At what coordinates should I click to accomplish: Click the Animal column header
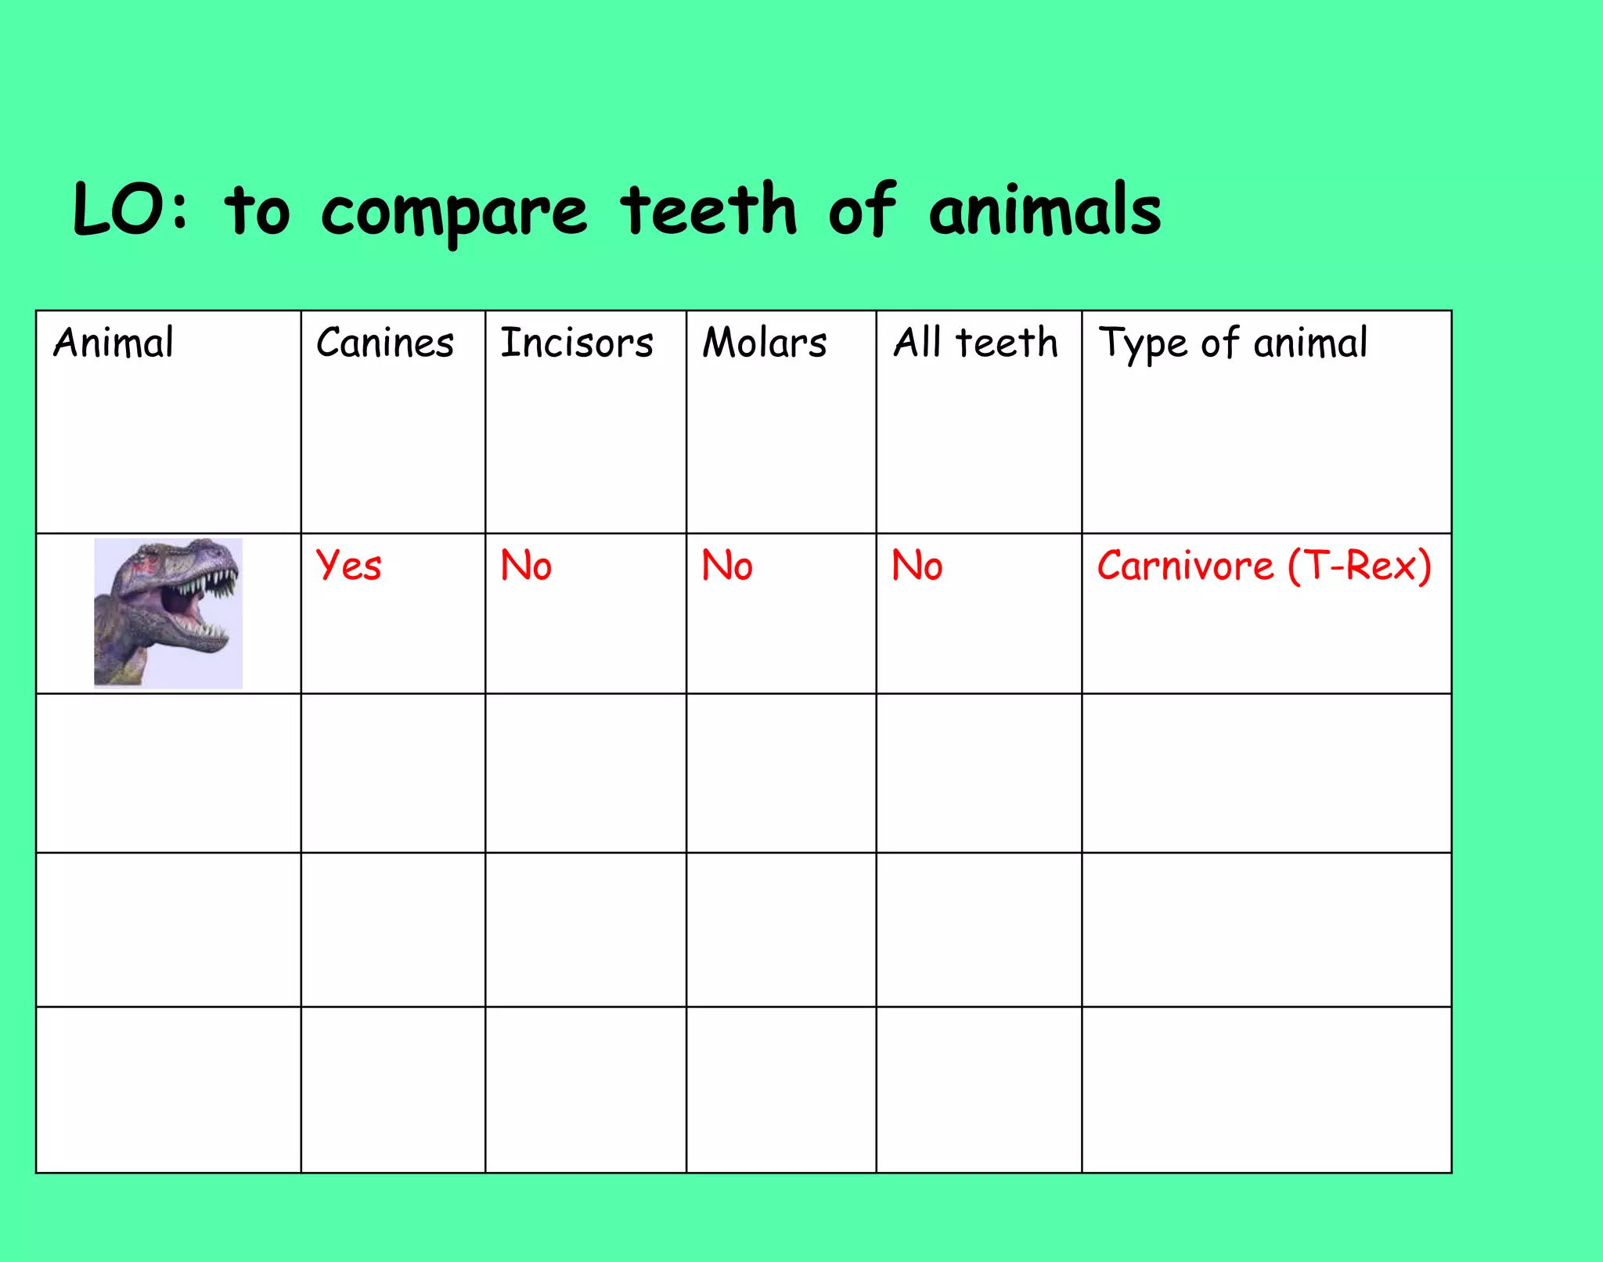click(113, 343)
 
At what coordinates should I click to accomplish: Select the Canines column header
click(385, 343)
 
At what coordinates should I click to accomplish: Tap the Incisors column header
click(577, 343)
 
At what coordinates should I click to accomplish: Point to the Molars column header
click(765, 343)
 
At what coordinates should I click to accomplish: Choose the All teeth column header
click(975, 343)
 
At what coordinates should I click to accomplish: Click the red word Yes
click(349, 566)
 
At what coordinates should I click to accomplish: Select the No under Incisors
click(526, 566)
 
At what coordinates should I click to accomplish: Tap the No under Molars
click(727, 566)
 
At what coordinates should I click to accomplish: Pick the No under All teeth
click(917, 566)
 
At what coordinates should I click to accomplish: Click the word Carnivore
click(1185, 566)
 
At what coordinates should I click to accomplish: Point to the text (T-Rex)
click(1360, 566)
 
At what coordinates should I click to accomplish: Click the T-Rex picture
click(168, 613)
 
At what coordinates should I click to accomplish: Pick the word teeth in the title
click(708, 210)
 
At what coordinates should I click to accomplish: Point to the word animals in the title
click(1045, 210)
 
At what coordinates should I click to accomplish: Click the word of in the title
click(862, 210)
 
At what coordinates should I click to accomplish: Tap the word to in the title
click(258, 210)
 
